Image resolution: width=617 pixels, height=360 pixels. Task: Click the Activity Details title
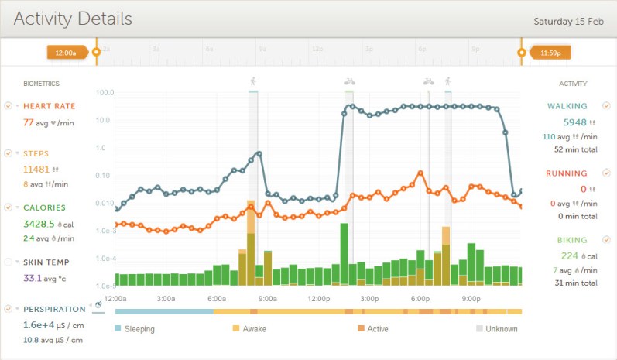point(73,19)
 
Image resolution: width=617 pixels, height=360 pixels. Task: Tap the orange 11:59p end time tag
point(550,53)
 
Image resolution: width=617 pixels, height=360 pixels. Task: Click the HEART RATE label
point(50,106)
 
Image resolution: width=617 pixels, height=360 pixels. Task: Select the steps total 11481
point(36,169)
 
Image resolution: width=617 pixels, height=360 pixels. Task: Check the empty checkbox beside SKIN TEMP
point(8,262)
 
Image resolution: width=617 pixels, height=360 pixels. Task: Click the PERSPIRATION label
point(54,309)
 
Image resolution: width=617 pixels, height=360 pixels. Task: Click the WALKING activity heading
point(567,106)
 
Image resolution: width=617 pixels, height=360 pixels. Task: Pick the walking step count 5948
point(574,122)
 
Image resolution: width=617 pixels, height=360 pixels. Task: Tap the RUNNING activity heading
point(566,173)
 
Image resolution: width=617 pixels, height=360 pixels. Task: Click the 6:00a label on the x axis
point(217,298)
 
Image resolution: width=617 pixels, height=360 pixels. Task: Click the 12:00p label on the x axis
point(319,298)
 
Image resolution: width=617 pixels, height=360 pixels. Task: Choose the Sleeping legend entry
point(139,329)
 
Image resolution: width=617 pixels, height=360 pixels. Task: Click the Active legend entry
point(378,329)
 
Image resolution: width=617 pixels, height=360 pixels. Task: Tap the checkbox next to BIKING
point(606,240)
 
